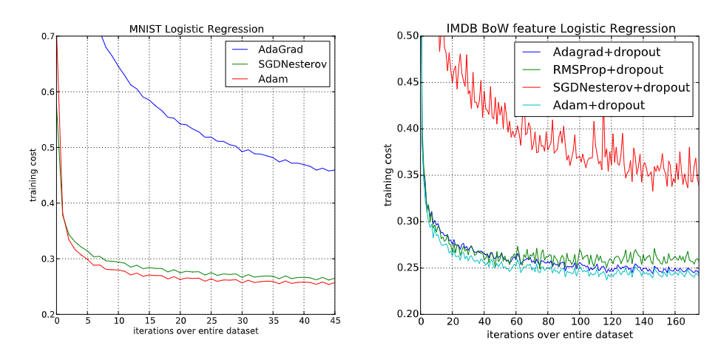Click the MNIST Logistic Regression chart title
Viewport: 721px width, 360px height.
tap(196, 29)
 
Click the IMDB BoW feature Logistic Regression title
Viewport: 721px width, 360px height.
tap(561, 28)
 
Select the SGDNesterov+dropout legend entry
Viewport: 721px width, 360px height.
tap(621, 87)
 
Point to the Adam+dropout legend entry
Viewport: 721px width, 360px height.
tap(599, 105)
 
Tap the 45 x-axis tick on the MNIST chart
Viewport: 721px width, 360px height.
tap(335, 321)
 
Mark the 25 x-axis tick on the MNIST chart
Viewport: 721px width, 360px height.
tap(211, 321)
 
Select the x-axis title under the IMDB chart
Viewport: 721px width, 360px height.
tap(560, 335)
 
